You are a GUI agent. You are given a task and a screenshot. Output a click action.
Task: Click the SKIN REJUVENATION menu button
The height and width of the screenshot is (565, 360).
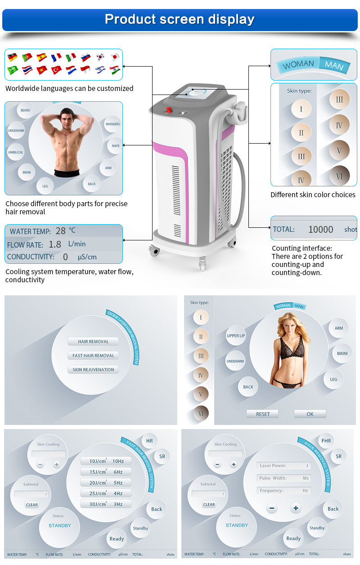click(x=93, y=370)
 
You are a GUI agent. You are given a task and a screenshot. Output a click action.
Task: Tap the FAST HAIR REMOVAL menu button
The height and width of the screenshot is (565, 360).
click(x=93, y=356)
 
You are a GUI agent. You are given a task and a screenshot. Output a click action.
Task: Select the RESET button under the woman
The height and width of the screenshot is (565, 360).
click(x=263, y=414)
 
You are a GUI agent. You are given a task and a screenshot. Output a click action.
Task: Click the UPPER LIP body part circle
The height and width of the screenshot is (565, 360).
click(x=236, y=336)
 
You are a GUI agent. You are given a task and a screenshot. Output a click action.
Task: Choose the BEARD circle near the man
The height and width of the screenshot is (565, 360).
click(x=25, y=110)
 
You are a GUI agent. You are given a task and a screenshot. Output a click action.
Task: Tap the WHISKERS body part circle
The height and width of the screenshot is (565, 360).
click(x=112, y=124)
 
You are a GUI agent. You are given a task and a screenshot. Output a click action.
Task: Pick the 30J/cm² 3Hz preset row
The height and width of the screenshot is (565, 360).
click(x=106, y=504)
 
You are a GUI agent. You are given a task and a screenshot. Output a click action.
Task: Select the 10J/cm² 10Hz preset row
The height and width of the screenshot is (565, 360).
click(x=106, y=461)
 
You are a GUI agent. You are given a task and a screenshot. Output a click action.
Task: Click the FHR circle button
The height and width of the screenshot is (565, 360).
click(x=326, y=441)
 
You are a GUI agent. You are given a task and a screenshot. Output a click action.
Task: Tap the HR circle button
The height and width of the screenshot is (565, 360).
click(x=149, y=441)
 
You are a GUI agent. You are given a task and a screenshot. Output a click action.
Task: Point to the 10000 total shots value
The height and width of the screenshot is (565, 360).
click(x=320, y=230)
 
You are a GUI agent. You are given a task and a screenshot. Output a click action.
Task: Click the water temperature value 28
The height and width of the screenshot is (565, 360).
click(x=60, y=231)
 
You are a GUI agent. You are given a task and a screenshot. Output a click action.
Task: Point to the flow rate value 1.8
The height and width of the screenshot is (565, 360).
click(x=54, y=244)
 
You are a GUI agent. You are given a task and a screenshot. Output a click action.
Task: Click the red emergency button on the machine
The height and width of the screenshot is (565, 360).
click(x=169, y=109)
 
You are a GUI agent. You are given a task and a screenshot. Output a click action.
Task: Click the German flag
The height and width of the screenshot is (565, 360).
click(x=13, y=57)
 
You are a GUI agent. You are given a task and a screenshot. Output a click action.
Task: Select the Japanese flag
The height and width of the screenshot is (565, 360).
click(x=115, y=57)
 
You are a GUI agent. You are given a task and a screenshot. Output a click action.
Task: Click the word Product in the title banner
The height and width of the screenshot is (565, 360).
click(x=128, y=19)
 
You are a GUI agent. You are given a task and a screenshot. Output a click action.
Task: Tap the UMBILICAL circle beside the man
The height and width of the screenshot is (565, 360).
click(x=15, y=152)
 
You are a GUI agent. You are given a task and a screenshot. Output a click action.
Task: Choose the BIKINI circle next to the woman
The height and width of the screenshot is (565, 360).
click(x=342, y=353)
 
